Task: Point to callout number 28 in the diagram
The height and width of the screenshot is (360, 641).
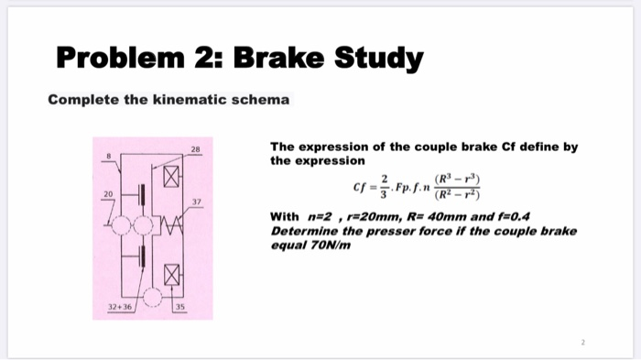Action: tap(194, 147)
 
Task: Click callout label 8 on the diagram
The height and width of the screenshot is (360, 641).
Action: tap(108, 158)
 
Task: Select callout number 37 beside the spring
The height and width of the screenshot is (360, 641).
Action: tap(197, 202)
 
